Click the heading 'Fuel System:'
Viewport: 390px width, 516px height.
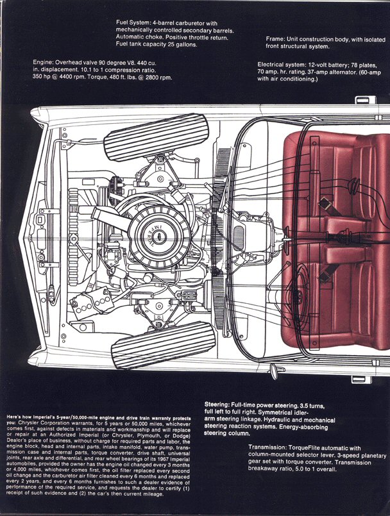133,22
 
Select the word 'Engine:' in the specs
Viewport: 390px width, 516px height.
47,62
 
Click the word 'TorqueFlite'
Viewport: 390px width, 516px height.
325,448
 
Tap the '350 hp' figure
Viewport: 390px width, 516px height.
46,78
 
